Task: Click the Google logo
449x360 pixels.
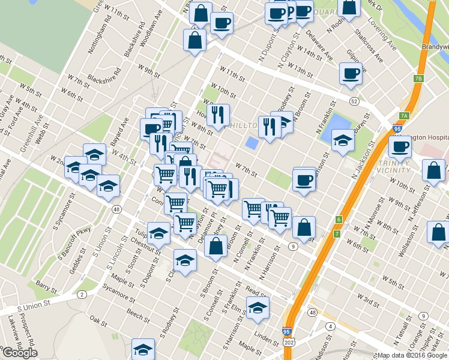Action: [x=20, y=352]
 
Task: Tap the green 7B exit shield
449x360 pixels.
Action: [x=418, y=79]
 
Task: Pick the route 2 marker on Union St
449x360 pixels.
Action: [x=81, y=295]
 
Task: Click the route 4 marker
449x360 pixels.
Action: [x=330, y=326]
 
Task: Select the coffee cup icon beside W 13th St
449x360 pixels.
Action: [x=351, y=74]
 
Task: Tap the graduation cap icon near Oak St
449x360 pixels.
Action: [x=143, y=349]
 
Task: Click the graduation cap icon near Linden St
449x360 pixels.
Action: [x=258, y=308]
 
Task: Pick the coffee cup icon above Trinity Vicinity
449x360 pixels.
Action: [x=400, y=146]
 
